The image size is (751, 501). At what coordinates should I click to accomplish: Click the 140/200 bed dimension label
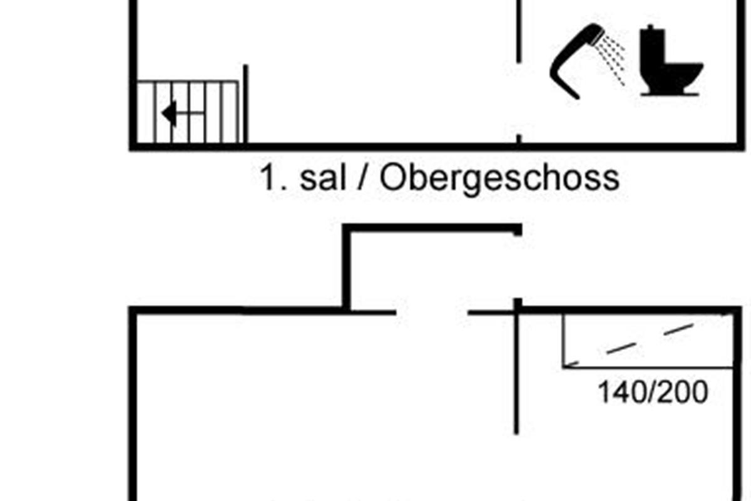[653, 393]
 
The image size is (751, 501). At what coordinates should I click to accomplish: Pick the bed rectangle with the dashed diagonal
[648, 341]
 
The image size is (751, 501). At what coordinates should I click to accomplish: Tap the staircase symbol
[188, 111]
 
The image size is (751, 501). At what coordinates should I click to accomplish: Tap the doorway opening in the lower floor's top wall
[432, 311]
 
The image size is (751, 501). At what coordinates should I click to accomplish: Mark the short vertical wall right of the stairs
[246, 103]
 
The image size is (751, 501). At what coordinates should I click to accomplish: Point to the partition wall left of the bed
[517, 369]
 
